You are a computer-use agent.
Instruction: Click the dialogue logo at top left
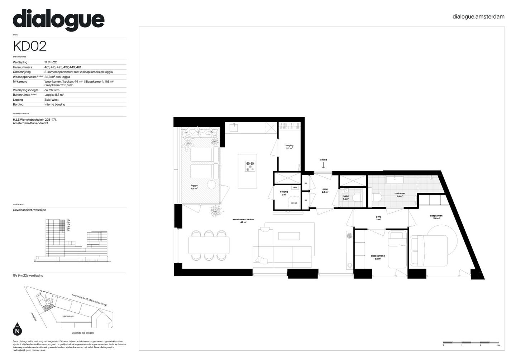[58, 20]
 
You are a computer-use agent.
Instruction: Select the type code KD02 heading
[30, 46]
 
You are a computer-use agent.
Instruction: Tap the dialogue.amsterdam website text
[478, 16]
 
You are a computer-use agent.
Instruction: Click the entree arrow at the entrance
[324, 165]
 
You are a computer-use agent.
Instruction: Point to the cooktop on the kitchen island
[250, 167]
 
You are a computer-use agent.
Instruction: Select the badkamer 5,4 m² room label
[400, 195]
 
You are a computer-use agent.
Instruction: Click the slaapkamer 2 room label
[377, 257]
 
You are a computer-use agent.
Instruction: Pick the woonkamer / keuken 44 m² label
[243, 221]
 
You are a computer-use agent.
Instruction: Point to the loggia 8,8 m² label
[194, 187]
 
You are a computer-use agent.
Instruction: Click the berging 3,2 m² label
[289, 147]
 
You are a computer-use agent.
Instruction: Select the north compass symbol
[17, 329]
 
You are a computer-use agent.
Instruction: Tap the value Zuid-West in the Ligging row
[51, 100]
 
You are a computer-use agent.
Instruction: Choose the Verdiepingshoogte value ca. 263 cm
[52, 90]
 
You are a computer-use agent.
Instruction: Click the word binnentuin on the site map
[68, 316]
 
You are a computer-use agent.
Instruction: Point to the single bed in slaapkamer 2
[397, 249]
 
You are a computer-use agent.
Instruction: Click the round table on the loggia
[211, 185]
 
